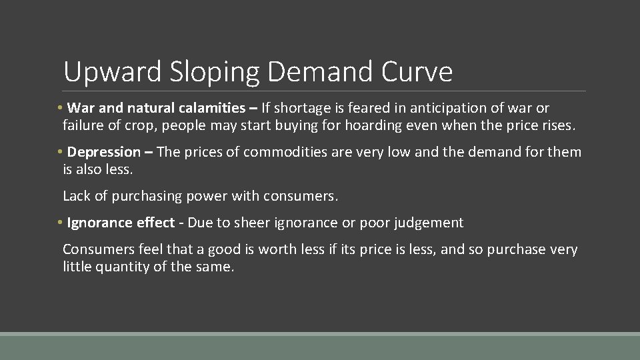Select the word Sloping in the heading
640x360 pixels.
click(x=204, y=72)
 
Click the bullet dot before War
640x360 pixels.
click(x=60, y=108)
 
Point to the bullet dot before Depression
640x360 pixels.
click(x=60, y=152)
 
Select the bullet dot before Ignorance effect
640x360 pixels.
click(x=60, y=223)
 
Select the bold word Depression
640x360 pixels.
click(x=104, y=152)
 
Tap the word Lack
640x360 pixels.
click(x=76, y=196)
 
